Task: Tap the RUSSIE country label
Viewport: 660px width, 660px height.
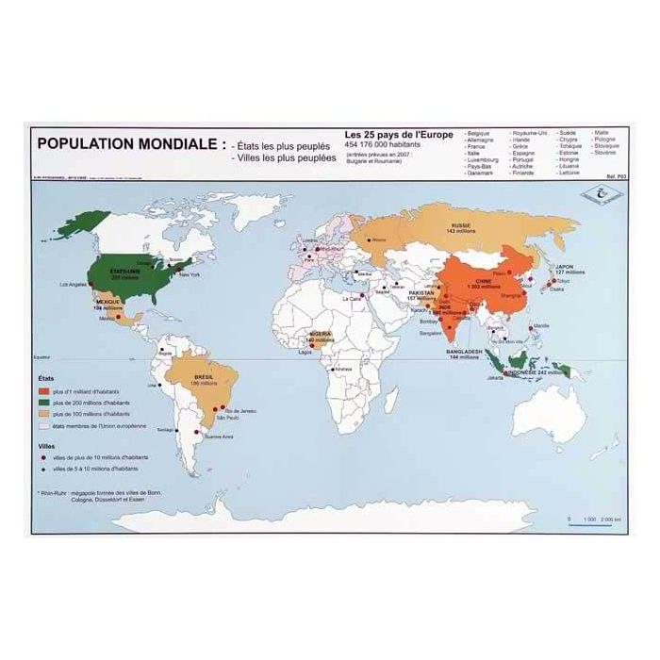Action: (460, 227)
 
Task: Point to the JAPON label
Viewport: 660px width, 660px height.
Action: (565, 267)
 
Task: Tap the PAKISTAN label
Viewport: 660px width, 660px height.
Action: (422, 292)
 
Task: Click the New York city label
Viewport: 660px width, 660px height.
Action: (190, 275)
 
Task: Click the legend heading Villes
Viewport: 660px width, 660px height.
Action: (45, 444)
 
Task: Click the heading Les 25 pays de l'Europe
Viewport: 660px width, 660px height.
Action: (398, 135)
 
